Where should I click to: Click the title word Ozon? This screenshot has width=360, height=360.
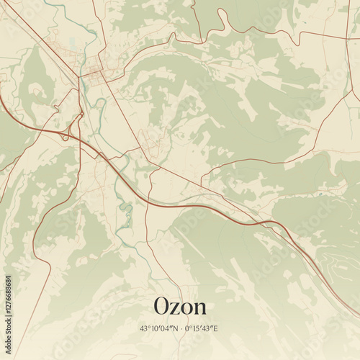tap(180, 307)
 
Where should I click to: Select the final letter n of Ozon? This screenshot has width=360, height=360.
tap(199, 309)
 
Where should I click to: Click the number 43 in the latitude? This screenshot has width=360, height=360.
tap(144, 329)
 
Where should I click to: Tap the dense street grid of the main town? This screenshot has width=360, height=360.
tap(94, 71)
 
